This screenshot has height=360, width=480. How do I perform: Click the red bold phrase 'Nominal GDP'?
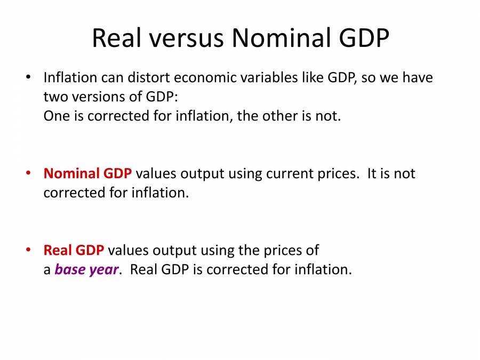(87, 174)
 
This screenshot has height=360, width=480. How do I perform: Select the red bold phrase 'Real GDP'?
(74, 250)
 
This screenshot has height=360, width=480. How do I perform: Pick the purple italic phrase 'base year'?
(86, 270)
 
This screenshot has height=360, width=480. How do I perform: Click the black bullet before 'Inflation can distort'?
(28, 77)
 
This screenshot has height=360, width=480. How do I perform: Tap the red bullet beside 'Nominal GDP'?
(28, 173)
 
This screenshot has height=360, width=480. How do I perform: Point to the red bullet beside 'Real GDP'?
(28, 250)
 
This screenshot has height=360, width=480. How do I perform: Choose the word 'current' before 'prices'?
(289, 174)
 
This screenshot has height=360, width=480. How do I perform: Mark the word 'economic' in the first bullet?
(206, 78)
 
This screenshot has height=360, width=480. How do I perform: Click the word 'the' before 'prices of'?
(247, 250)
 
